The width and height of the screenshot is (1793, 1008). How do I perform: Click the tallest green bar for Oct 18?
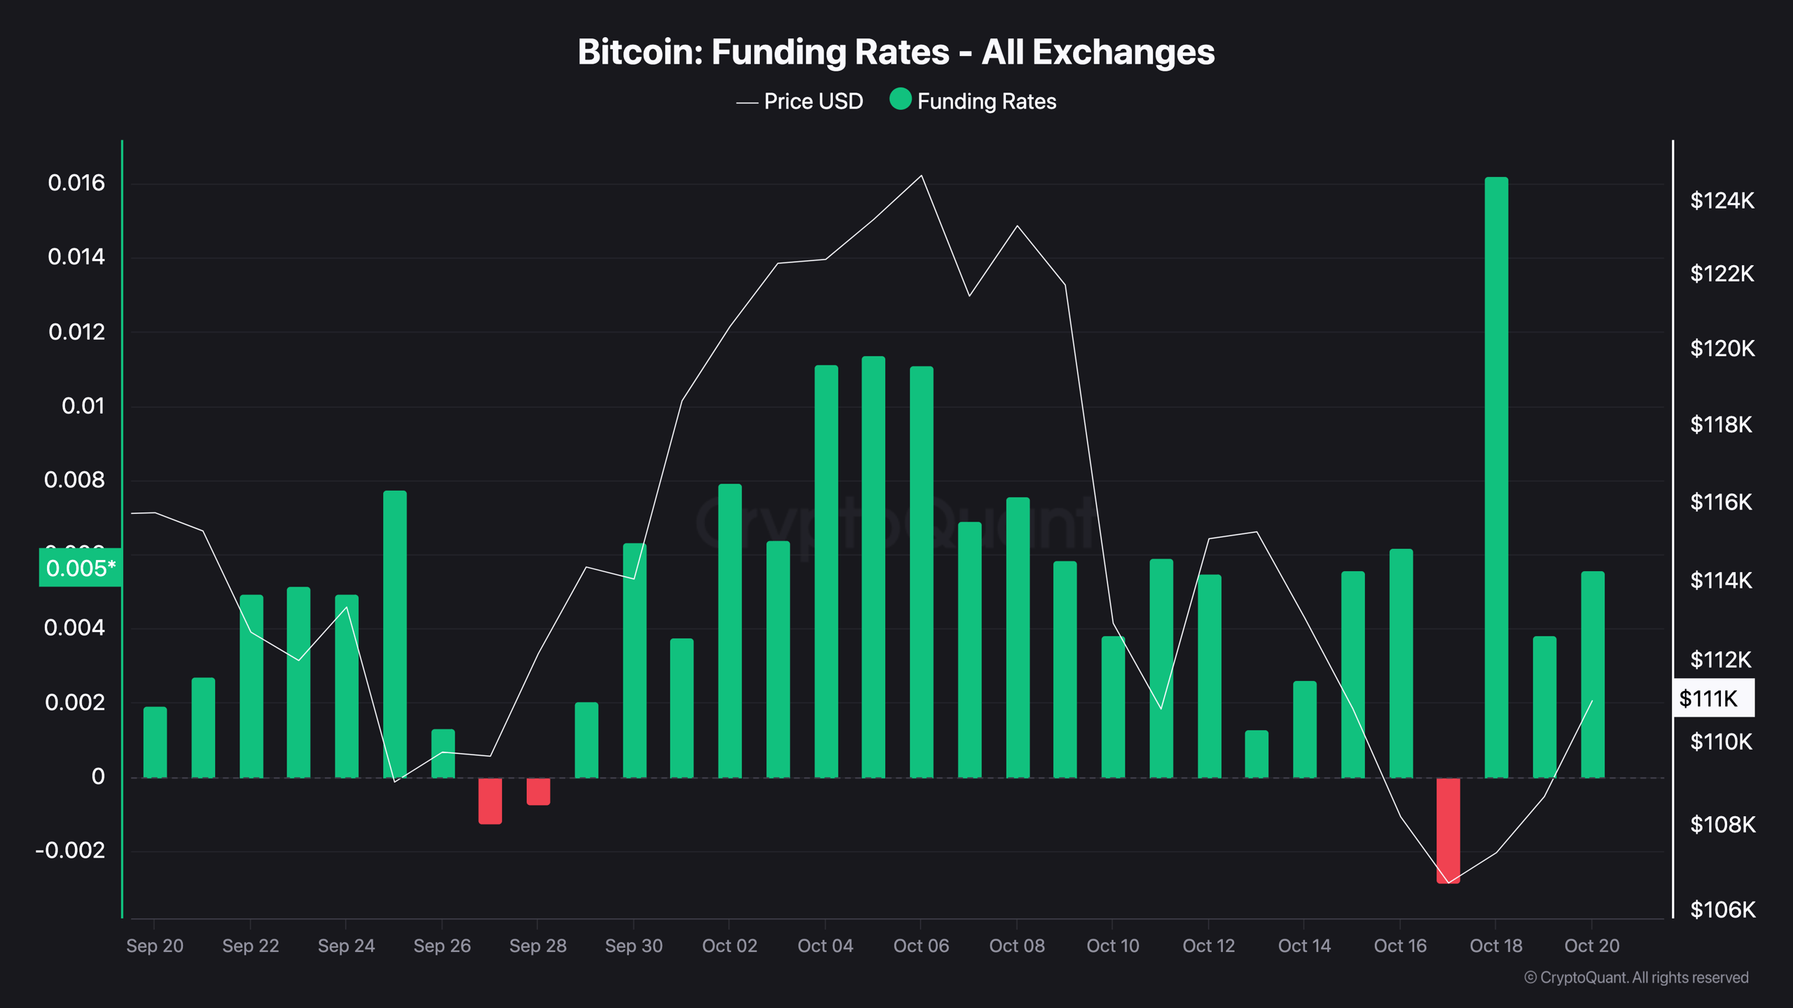pyautogui.click(x=1496, y=476)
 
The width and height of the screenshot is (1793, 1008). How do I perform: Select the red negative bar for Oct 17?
pyautogui.click(x=1448, y=830)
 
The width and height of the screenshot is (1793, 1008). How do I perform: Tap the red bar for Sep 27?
pyautogui.click(x=490, y=801)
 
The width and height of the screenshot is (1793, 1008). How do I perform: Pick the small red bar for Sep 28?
pyautogui.click(x=538, y=792)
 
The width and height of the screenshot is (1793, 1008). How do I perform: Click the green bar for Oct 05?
pyautogui.click(x=873, y=567)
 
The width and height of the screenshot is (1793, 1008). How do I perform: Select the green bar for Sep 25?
pyautogui.click(x=395, y=633)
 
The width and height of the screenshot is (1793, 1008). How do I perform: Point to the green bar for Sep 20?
pyautogui.click(x=155, y=742)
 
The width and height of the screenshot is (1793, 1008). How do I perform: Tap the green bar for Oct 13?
pyautogui.click(x=1257, y=754)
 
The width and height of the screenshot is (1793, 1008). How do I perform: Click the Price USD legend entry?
pyautogui.click(x=800, y=101)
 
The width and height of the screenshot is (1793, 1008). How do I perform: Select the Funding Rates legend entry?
pyautogui.click(x=973, y=101)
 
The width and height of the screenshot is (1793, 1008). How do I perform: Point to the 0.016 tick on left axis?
pyautogui.click(x=76, y=183)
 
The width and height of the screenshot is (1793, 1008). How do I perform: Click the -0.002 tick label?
pyautogui.click(x=70, y=850)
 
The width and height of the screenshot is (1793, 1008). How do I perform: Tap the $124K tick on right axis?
pyautogui.click(x=1722, y=201)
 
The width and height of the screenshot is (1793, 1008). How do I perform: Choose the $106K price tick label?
pyautogui.click(x=1722, y=909)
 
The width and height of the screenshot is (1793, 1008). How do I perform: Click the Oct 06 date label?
pyautogui.click(x=921, y=946)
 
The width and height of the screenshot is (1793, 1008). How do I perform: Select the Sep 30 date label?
pyautogui.click(x=633, y=946)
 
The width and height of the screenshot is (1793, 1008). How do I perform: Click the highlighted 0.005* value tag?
pyautogui.click(x=81, y=568)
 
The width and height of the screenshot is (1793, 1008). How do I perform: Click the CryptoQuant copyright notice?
pyautogui.click(x=1636, y=977)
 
